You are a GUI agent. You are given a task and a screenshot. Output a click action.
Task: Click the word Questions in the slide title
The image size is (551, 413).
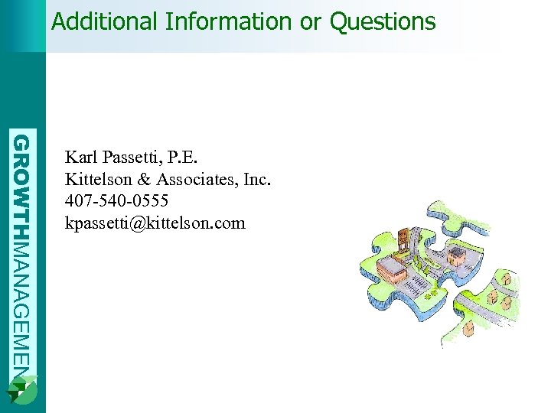pyautogui.click(x=383, y=21)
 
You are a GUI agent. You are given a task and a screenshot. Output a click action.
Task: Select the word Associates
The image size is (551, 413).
pyautogui.click(x=196, y=180)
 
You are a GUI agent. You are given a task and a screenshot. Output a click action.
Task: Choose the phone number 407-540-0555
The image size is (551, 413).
pyautogui.click(x=117, y=201)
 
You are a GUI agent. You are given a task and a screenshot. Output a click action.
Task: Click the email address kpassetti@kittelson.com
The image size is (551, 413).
pyautogui.click(x=155, y=223)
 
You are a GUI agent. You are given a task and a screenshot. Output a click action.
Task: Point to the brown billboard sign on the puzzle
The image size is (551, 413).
pyautogui.click(x=403, y=236)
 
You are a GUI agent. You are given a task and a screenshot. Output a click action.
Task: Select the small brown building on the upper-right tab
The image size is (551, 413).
pyautogui.click(x=457, y=257)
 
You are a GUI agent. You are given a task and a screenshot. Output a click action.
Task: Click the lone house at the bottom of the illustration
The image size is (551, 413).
pyautogui.click(x=468, y=329)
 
